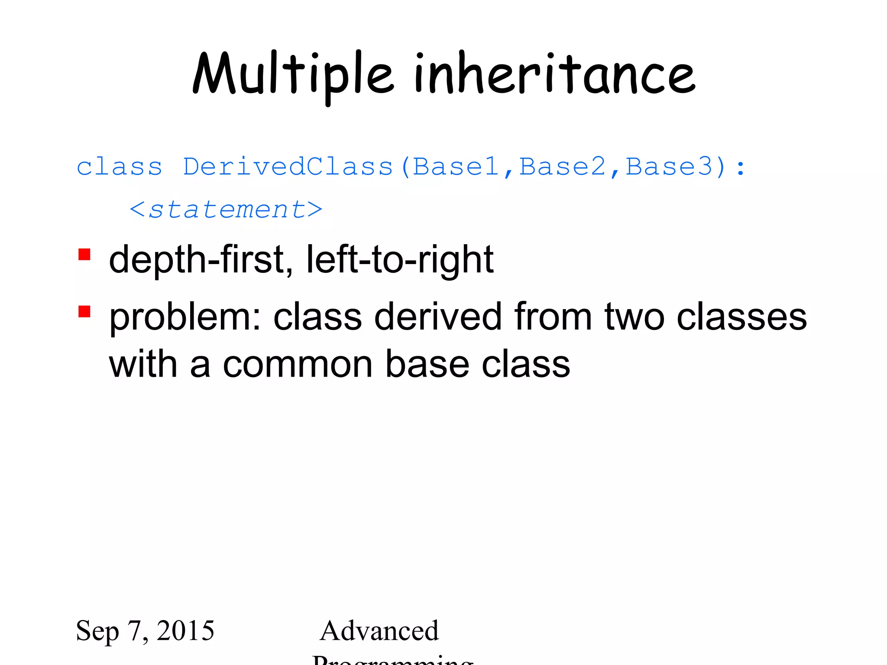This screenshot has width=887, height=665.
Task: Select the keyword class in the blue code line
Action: coord(119,167)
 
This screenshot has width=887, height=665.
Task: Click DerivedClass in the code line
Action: coord(288,167)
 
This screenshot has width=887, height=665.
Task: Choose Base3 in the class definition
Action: coord(669,167)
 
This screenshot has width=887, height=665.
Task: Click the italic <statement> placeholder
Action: coord(226,210)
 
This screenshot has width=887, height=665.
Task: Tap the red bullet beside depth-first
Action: coord(84,255)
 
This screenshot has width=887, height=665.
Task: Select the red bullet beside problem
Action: coord(84,312)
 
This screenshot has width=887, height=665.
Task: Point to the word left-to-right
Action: coord(400,260)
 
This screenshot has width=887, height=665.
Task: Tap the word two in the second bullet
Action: coord(634,317)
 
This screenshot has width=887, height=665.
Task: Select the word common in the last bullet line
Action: coord(298,365)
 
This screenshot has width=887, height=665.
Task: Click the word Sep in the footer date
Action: coord(97,631)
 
